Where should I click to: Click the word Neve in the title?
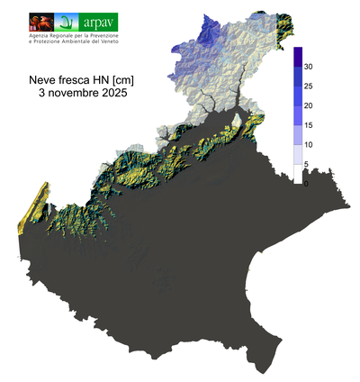point(44,79)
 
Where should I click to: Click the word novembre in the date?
point(75,93)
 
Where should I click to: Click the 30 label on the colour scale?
point(308,67)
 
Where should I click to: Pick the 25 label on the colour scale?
point(308,86)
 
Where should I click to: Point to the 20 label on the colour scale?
point(308,106)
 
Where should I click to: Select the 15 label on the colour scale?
point(308,125)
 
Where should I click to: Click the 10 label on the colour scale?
point(308,145)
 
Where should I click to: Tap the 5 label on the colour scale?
point(306,164)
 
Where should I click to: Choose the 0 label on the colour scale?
point(306,184)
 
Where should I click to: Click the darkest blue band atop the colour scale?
point(297,58)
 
